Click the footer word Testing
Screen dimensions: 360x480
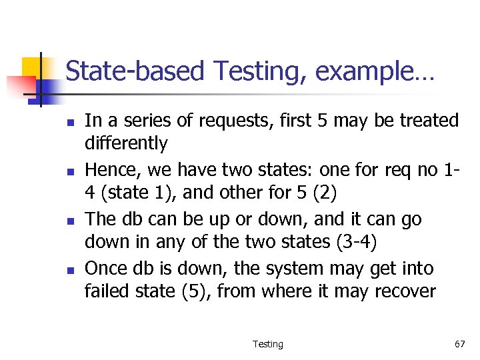coord(267,344)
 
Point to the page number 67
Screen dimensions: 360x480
coord(459,344)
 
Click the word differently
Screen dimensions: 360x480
coord(126,143)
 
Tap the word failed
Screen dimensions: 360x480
coord(104,291)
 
